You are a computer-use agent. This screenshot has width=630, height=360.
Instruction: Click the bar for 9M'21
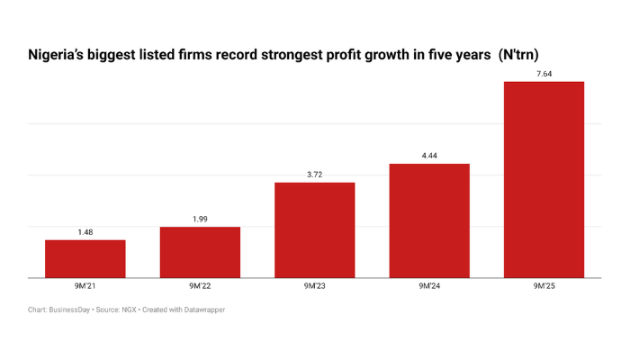(85, 259)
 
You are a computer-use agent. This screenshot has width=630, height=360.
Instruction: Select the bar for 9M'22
(200, 253)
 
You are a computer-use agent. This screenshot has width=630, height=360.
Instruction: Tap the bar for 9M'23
(314, 230)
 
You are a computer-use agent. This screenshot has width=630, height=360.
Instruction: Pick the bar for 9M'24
(429, 221)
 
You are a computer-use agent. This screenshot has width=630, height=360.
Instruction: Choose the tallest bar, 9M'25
(544, 180)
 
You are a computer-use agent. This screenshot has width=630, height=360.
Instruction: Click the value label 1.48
(85, 232)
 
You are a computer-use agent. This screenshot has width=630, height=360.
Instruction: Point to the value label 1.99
(200, 219)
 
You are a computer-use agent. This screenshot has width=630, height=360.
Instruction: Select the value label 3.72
(314, 175)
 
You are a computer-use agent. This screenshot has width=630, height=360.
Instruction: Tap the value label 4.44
(429, 156)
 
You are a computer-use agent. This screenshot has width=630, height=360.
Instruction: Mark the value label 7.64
(544, 74)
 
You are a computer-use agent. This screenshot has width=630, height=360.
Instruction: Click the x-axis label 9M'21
(85, 286)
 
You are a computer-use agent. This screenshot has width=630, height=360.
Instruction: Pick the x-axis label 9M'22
(200, 286)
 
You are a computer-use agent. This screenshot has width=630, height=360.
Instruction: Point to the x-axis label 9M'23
(314, 286)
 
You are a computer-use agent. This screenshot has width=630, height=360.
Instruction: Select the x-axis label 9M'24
(429, 286)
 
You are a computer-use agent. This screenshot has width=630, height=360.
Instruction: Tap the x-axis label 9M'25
(544, 286)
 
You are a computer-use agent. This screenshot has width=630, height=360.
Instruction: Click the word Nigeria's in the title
(59, 55)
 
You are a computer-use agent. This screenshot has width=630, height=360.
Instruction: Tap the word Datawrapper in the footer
(202, 310)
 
